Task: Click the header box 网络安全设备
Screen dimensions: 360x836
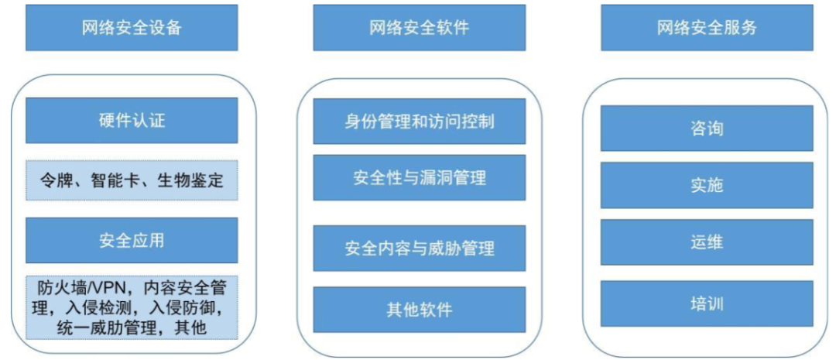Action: pos(132,28)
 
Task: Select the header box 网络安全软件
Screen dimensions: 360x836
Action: pos(419,28)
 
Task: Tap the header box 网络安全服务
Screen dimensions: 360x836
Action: pos(707,28)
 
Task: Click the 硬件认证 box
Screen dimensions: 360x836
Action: pos(132,120)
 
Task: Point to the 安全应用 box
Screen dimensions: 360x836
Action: pos(132,240)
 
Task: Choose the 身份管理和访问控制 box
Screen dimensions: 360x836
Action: pos(419,122)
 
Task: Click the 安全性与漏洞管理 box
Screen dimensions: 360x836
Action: pos(419,177)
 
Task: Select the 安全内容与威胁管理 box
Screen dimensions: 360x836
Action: pos(419,248)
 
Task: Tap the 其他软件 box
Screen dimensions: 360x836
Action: pos(419,310)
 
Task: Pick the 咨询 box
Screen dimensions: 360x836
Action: pos(707,128)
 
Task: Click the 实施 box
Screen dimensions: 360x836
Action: pos(707,185)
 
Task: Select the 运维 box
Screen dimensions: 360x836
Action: pos(707,242)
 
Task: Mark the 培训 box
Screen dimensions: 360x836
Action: pos(707,303)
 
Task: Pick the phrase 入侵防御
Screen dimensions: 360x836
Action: pos(183,308)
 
